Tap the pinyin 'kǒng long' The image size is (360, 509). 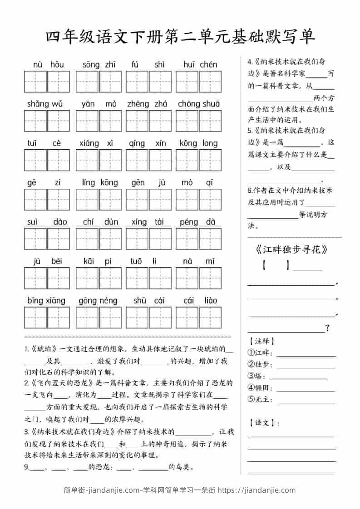(x=198, y=143)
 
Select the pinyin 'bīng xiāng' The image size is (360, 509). (x=46, y=300)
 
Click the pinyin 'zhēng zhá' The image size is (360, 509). (x=147, y=104)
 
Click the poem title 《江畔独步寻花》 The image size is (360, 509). (x=289, y=250)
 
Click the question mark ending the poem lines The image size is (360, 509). (x=327, y=328)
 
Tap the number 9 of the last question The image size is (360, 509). (x=26, y=467)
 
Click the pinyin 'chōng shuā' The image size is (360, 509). (x=199, y=104)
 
